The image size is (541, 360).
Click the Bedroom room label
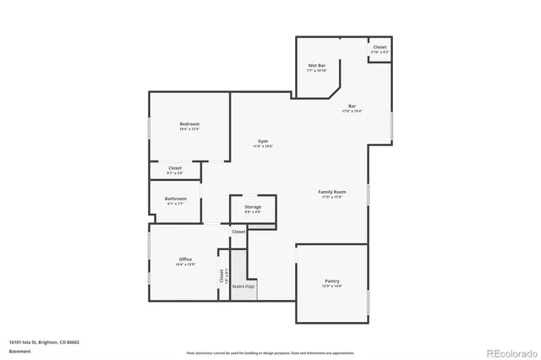[189, 124]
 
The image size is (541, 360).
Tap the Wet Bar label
[317, 65]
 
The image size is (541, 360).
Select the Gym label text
[263, 141]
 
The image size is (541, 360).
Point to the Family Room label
[331, 192]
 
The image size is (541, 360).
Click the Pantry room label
[331, 281]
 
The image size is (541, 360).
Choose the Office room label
[185, 259]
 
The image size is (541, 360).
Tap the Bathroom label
[175, 199]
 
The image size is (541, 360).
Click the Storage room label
[253, 207]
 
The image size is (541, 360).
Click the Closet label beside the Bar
[380, 47]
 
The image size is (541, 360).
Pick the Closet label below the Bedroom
[175, 168]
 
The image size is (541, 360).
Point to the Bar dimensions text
[352, 111]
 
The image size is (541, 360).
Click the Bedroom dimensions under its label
[189, 129]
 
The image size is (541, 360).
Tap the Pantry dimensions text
[331, 286]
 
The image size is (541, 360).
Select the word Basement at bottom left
[19, 351]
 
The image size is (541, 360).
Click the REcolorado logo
[508, 352]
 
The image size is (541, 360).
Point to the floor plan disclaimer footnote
[270, 352]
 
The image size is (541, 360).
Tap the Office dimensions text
[185, 265]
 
